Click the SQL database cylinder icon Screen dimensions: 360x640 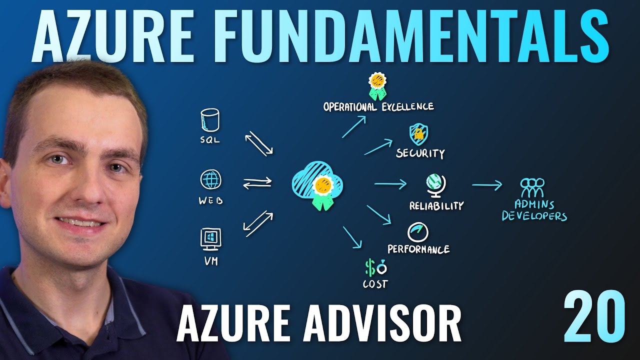click(210, 120)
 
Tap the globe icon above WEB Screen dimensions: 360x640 click(210, 180)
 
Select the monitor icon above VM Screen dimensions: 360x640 click(210, 238)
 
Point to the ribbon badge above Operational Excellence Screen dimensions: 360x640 click(378, 86)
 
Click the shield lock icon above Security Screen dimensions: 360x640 click(418, 133)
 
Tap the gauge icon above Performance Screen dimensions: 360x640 click(418, 231)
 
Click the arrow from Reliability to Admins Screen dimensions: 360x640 click(486, 185)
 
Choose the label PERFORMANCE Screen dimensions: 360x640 click(418, 248)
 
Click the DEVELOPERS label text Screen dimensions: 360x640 click(534, 216)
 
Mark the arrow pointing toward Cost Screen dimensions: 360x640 click(352, 237)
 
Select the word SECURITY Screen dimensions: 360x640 click(420, 153)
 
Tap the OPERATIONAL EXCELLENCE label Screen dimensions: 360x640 click(378, 106)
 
